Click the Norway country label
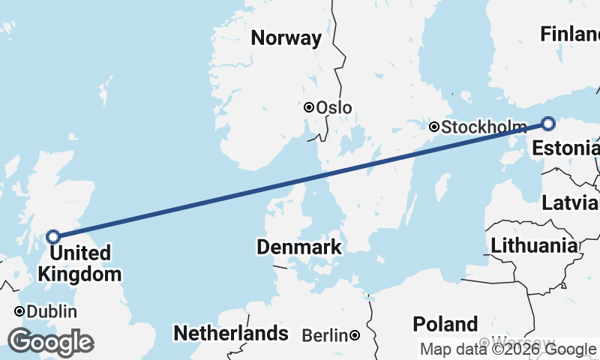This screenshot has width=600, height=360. click(x=286, y=38)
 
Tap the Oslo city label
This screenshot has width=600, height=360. click(x=334, y=108)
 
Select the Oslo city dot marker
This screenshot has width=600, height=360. click(x=308, y=107)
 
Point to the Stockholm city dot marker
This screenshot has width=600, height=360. click(x=433, y=127)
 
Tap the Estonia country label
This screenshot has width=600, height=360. click(x=565, y=148)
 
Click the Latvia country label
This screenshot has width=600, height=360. click(x=571, y=203)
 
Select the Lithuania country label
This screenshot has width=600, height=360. click(x=534, y=245)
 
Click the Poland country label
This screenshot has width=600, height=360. click(x=445, y=324)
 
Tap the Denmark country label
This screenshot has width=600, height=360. click(x=299, y=247)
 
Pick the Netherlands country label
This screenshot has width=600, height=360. click(x=230, y=332)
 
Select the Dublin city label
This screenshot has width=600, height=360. click(x=52, y=311)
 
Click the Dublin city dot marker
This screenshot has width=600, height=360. click(x=19, y=311)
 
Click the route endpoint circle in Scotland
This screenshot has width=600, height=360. click(x=53, y=236)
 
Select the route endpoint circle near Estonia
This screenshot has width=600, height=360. click(x=548, y=124)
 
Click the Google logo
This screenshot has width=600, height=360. click(x=50, y=342)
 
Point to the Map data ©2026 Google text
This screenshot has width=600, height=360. click(x=508, y=349)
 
